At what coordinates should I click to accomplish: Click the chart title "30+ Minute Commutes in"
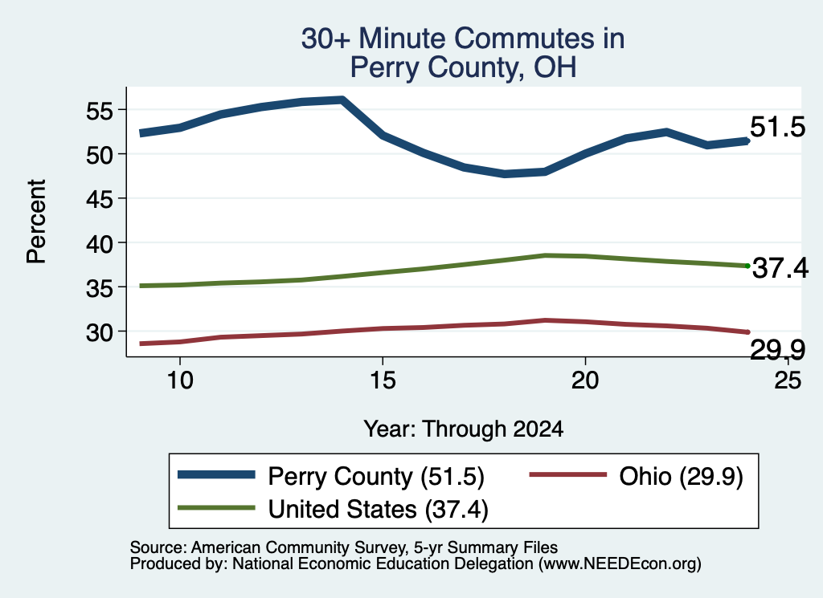coord(463,39)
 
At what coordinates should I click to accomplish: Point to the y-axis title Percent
coord(36,222)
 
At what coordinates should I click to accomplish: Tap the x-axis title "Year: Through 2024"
coord(464,429)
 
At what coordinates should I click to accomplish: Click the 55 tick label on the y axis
coord(99,111)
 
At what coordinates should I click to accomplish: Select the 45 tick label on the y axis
coord(99,200)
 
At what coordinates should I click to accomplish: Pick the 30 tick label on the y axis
coord(99,332)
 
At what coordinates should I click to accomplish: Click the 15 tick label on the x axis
coord(383,380)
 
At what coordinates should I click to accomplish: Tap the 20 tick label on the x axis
coord(585,380)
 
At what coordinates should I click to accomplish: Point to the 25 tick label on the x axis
coord(788,380)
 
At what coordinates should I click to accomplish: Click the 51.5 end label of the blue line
coord(777,127)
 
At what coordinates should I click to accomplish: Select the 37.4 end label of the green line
coord(780,268)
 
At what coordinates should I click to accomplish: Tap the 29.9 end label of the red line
coord(777,350)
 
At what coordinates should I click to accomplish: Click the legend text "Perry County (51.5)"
coord(376,477)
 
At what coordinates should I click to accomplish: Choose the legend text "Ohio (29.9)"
coord(682,477)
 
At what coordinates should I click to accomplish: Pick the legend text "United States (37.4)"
coord(379,509)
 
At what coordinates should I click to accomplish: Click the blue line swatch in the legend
coord(216,475)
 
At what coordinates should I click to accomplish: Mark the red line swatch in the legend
coord(568,475)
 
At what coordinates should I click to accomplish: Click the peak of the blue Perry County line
coord(342,100)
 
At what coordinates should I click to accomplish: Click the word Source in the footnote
coord(156,547)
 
